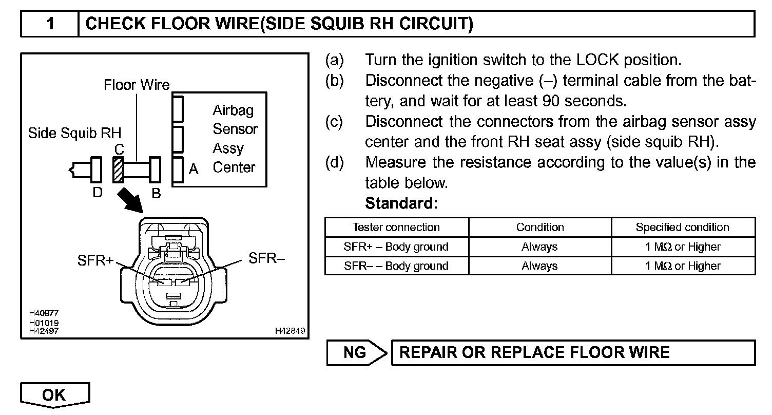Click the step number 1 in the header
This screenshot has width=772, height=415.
50,24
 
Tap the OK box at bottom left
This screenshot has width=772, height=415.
54,394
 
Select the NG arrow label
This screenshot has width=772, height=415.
355,352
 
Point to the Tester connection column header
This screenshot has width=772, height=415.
396,227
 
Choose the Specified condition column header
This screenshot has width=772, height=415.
682,227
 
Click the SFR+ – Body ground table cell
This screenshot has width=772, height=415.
396,247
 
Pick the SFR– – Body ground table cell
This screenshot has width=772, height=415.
396,266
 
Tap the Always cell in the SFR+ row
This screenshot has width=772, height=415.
539,247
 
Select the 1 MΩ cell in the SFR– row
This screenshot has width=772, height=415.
682,266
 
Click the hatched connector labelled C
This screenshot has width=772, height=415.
118,169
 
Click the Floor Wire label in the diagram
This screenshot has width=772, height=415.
137,84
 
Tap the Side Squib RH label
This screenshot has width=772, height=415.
74,134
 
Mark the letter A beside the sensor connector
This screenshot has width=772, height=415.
194,169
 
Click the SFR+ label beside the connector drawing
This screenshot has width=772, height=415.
95,260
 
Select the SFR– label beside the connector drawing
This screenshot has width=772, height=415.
266,258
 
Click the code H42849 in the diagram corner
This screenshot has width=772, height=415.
290,331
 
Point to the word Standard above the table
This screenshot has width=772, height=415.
401,203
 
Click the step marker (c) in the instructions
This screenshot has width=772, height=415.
334,122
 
